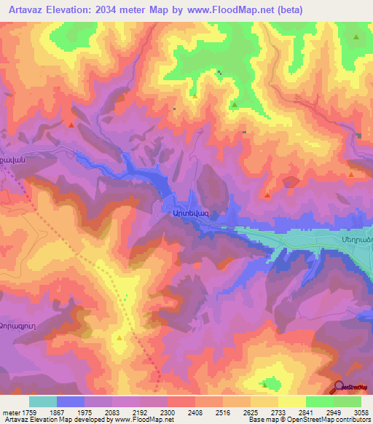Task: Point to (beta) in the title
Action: [287, 9]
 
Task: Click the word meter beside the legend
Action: [11, 412]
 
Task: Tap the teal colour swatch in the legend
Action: [43, 401]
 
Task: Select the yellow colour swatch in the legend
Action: [291, 401]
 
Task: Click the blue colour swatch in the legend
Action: [71, 401]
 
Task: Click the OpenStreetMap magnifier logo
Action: [339, 388]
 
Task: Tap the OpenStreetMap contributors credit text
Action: [321, 420]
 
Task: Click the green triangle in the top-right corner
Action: [356, 37]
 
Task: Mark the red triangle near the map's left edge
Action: [71, 125]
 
